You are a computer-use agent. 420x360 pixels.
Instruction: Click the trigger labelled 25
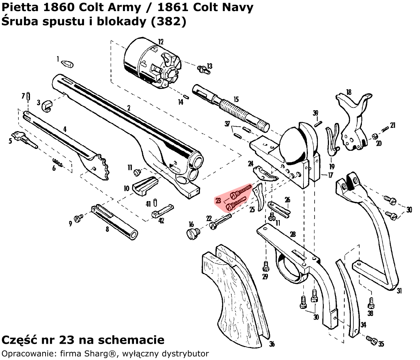[x=260, y=196]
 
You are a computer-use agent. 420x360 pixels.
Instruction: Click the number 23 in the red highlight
[x=218, y=200]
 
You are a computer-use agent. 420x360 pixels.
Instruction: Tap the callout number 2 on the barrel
[x=129, y=108]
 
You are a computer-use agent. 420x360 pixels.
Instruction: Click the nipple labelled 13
[x=202, y=69]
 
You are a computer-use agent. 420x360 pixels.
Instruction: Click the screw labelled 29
[x=265, y=266]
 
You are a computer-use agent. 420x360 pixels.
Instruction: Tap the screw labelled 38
[x=370, y=304]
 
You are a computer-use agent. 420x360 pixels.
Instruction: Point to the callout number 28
[x=293, y=234]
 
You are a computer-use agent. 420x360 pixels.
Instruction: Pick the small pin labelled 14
[x=186, y=97]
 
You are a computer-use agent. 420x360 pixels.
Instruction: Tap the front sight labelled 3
[x=47, y=105]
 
